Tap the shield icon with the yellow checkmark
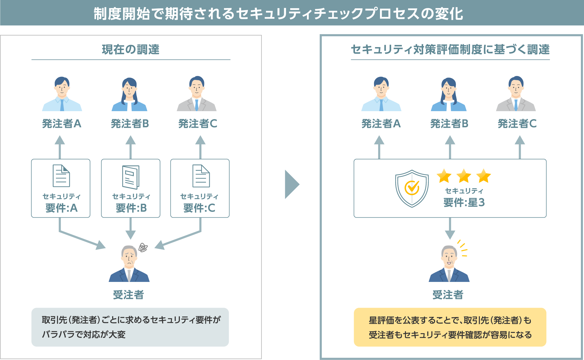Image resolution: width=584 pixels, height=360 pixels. (x=412, y=188)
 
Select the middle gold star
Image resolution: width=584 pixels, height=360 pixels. (x=464, y=176)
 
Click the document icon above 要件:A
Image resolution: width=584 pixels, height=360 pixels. (x=61, y=176)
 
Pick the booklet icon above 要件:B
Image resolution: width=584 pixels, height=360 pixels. (x=131, y=177)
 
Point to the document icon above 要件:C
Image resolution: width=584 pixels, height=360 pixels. (x=201, y=176)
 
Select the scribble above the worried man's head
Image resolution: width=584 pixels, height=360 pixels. (x=143, y=247)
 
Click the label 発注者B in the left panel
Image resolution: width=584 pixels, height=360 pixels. (x=130, y=124)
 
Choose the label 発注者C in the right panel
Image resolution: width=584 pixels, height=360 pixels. (x=517, y=124)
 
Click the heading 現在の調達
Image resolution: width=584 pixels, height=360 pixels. (x=131, y=49)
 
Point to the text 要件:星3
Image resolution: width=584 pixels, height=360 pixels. (x=464, y=202)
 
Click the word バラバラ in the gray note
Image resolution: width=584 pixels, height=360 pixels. (x=58, y=334)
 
